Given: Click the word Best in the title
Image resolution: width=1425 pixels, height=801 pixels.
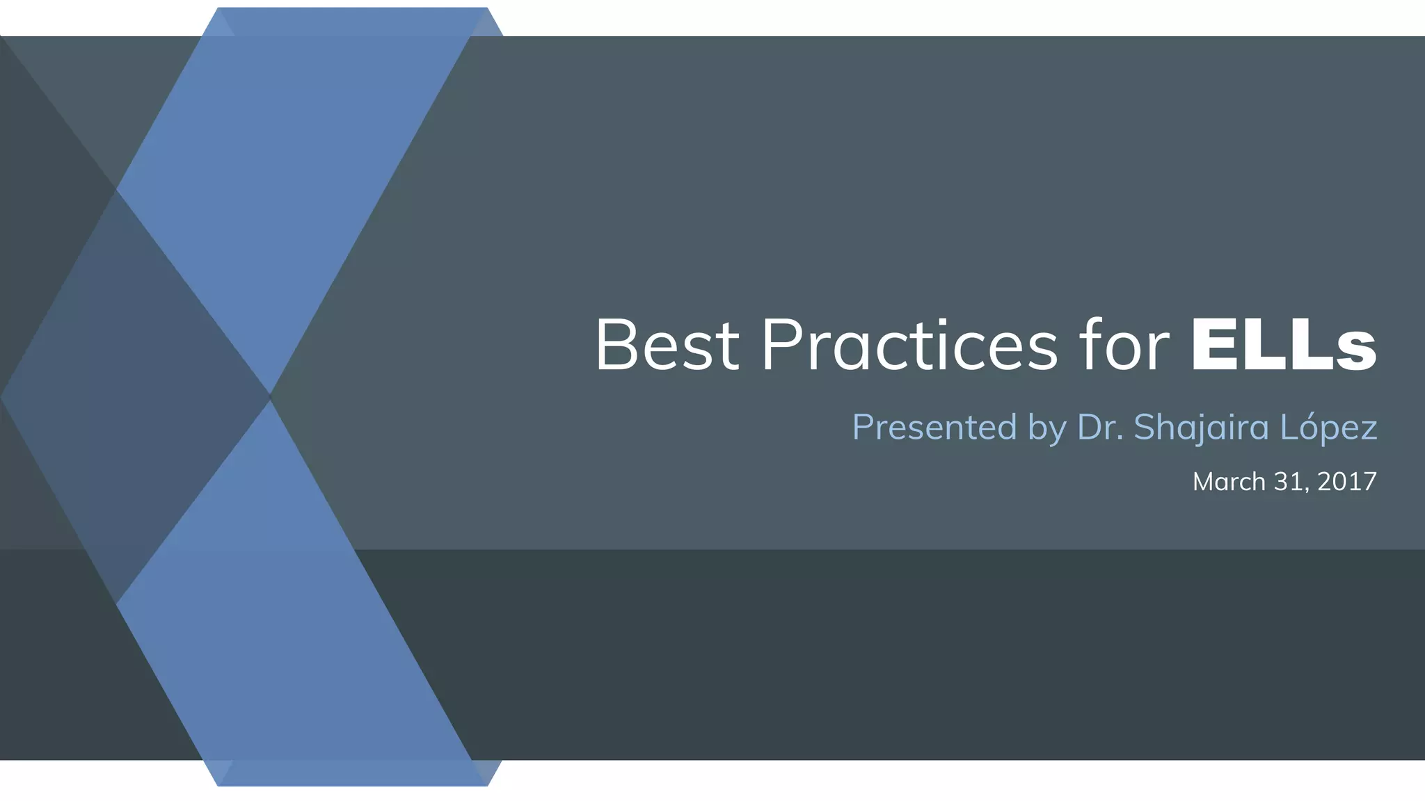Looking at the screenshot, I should [x=667, y=346].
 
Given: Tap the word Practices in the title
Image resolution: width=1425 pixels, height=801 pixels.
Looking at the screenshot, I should [x=909, y=346].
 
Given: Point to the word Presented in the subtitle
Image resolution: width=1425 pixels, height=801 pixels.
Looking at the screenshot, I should [x=934, y=427].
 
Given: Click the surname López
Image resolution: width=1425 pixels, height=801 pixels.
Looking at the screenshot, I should [x=1328, y=427].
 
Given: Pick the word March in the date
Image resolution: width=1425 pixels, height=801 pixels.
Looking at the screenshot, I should [x=1229, y=482].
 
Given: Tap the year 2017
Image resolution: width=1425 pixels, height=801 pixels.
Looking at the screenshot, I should [x=1347, y=482].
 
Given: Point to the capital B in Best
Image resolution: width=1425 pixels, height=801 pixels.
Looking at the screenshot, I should [x=616, y=346].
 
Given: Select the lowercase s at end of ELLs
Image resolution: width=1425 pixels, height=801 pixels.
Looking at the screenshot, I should [x=1356, y=351].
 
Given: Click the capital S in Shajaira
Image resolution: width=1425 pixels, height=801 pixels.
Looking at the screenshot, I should [x=1145, y=427].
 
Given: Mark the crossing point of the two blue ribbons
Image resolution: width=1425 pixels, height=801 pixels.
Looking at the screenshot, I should [x=270, y=397].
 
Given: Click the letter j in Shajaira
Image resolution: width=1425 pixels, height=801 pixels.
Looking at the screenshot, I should [x=1197, y=429].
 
